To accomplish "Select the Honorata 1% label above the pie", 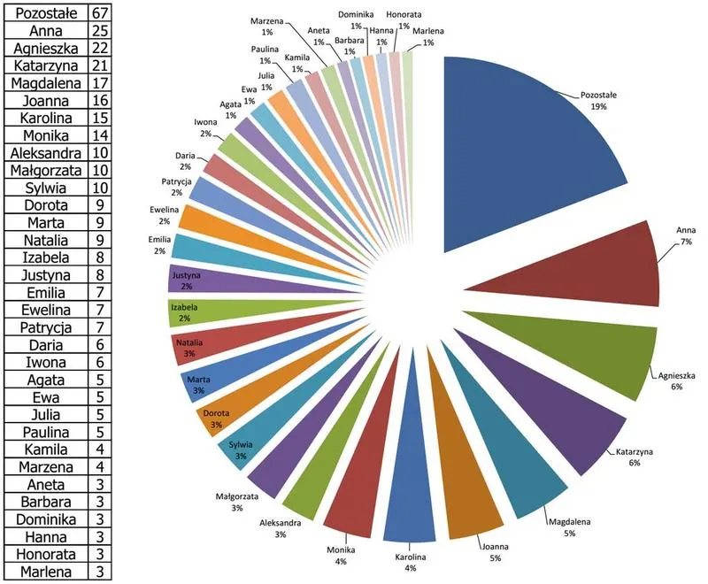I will [404, 19].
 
